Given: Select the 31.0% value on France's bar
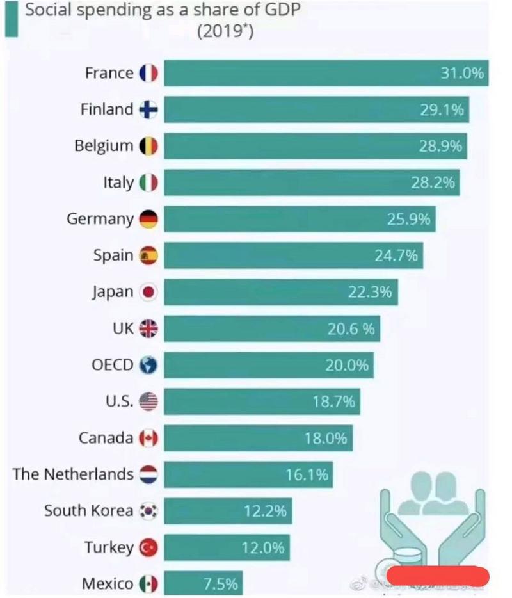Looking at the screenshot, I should tap(462, 73).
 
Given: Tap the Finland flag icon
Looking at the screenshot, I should tap(148, 109).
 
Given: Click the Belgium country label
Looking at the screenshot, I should tap(104, 146).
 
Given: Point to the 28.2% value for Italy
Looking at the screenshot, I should tap(433, 182).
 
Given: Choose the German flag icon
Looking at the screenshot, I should tap(148, 219).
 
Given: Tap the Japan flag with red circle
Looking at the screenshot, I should tap(148, 293).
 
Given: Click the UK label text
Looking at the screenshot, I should tap(123, 328).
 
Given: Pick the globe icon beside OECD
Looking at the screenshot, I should tap(148, 366).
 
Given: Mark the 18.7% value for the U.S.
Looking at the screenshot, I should tap(333, 401).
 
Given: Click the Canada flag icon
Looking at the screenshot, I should tap(148, 439).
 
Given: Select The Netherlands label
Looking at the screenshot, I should tap(73, 474).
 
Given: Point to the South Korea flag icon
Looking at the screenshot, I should tap(148, 511).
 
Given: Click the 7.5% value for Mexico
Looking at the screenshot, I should tap(220, 583).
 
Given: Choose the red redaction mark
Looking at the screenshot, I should tap(438, 577).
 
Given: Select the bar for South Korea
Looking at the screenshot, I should tap(228, 511).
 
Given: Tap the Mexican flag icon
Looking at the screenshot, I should tap(148, 584).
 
